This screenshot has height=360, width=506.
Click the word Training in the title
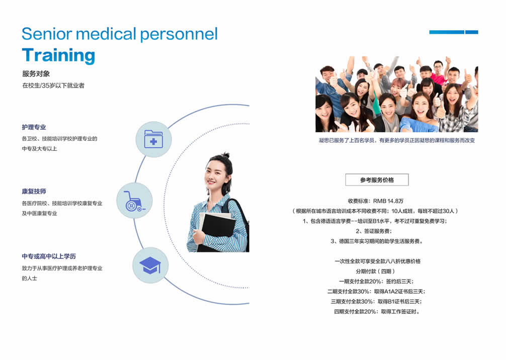tap(58, 55)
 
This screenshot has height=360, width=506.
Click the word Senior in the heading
tap(47, 34)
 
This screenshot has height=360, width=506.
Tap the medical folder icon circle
tap(153, 139)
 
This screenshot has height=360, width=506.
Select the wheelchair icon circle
tap(134, 200)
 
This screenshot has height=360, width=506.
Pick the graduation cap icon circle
tap(150, 265)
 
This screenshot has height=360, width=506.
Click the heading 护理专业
tap(34, 127)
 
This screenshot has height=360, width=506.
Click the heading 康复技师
tap(34, 191)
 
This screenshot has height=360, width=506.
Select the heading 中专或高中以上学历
tap(49, 256)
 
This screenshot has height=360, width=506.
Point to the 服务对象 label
tap(36, 74)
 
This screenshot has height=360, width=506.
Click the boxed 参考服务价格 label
tap(377, 179)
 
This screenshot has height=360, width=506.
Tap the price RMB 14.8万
tap(388, 201)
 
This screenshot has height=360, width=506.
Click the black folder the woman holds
tap(217, 232)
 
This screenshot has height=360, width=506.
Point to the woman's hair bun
tap(226, 155)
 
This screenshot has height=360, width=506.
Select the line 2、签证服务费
tap(374, 231)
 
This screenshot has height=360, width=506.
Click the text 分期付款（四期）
tap(375, 272)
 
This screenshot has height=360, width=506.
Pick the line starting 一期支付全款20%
tap(376, 281)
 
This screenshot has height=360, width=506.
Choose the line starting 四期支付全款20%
tap(377, 312)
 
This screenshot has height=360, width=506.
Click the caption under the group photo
tap(397, 140)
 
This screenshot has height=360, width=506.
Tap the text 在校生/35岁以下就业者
tap(53, 85)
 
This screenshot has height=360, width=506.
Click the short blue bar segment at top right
tap(472, 32)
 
